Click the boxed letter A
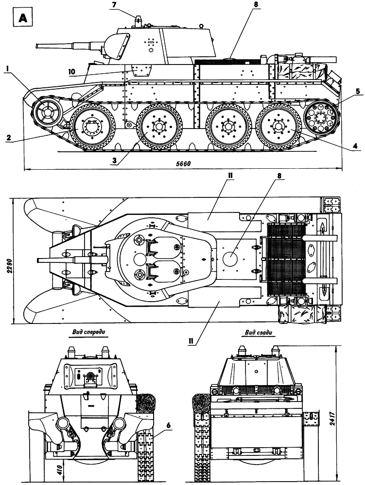[23, 18]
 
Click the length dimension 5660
[183, 164]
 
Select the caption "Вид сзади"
[259, 333]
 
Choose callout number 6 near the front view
[169, 425]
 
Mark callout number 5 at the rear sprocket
[358, 91]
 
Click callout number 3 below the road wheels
[114, 160]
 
